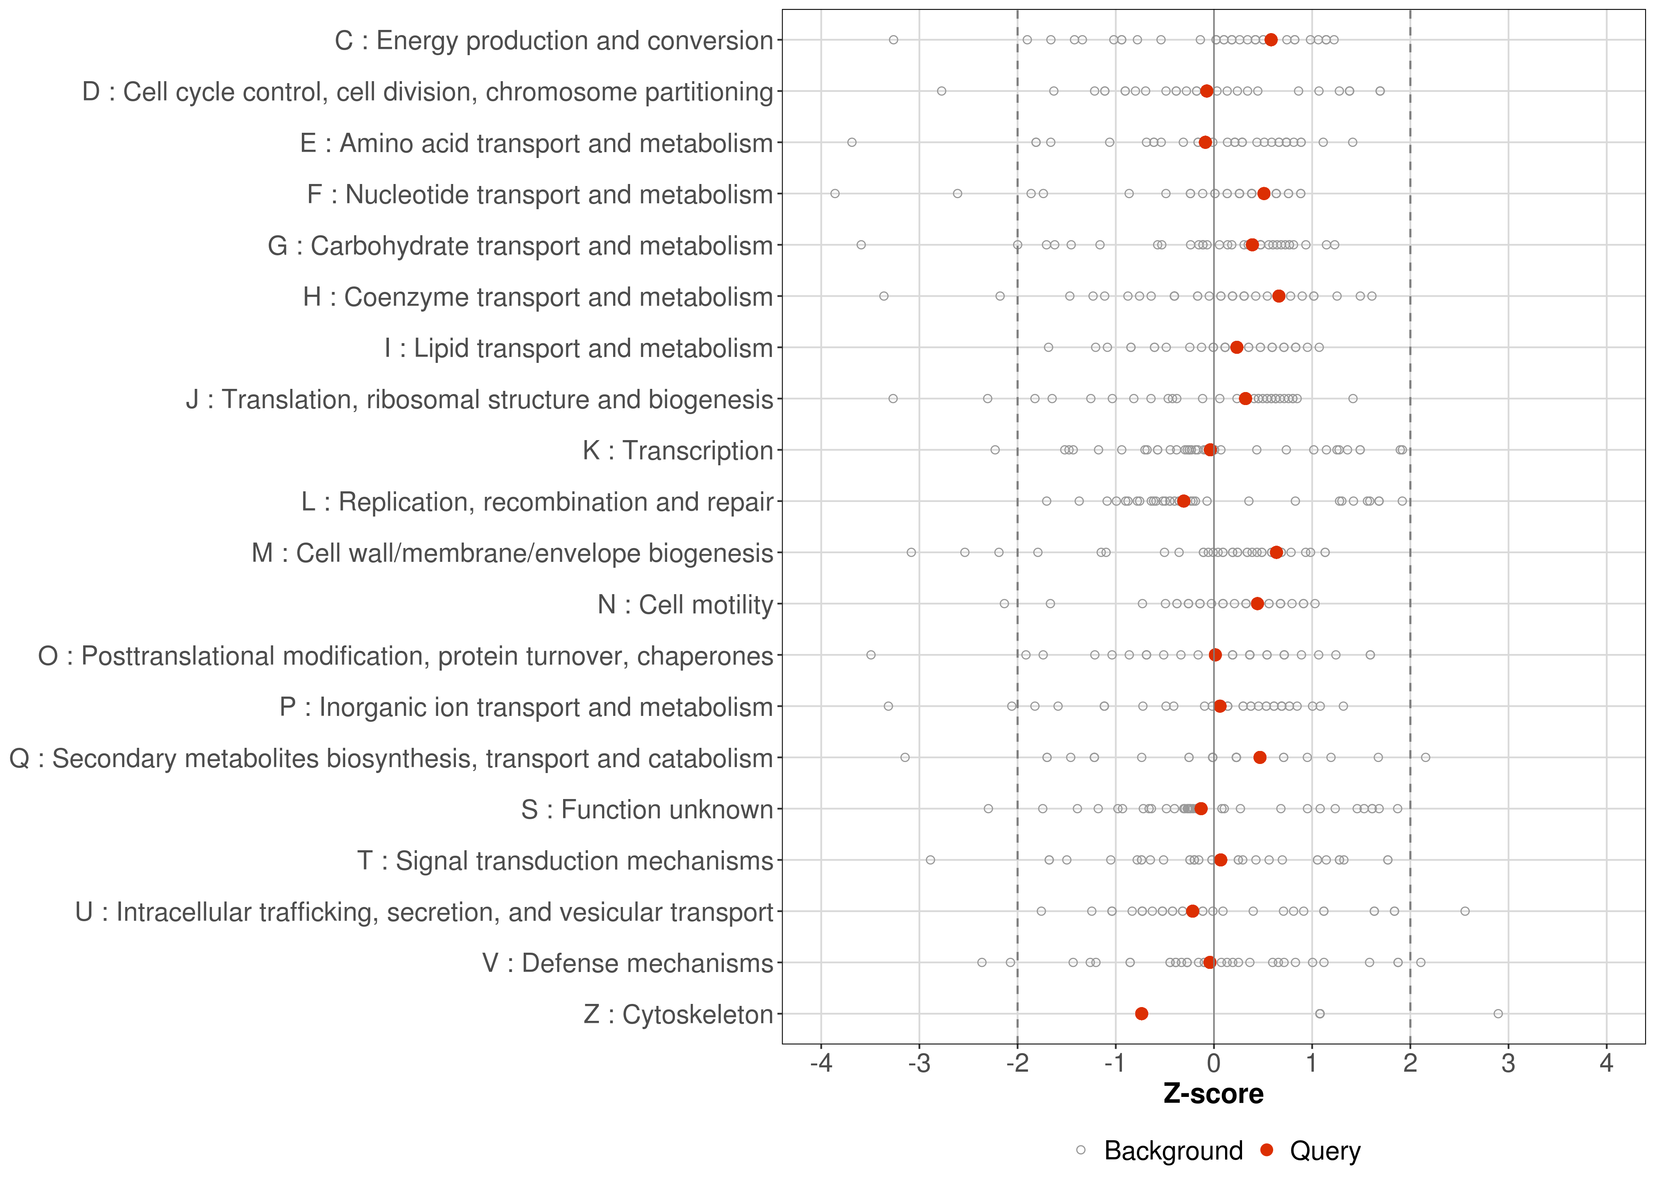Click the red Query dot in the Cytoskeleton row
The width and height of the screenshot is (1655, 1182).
[1141, 1014]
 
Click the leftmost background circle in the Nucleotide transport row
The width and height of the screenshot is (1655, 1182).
[835, 193]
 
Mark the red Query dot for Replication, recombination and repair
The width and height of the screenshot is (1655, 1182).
[1183, 502]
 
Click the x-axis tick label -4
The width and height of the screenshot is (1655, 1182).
[821, 1064]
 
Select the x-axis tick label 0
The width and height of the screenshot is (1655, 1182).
[1213, 1064]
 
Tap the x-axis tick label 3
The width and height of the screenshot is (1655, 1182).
[1508, 1064]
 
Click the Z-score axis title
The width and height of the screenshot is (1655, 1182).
[1213, 1094]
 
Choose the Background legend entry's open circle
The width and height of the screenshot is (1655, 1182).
[1081, 1151]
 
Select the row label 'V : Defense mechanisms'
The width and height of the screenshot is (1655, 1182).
[627, 963]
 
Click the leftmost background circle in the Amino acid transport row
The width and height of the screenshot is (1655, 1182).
[852, 143]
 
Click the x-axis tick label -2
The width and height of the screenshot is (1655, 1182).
[1017, 1064]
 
